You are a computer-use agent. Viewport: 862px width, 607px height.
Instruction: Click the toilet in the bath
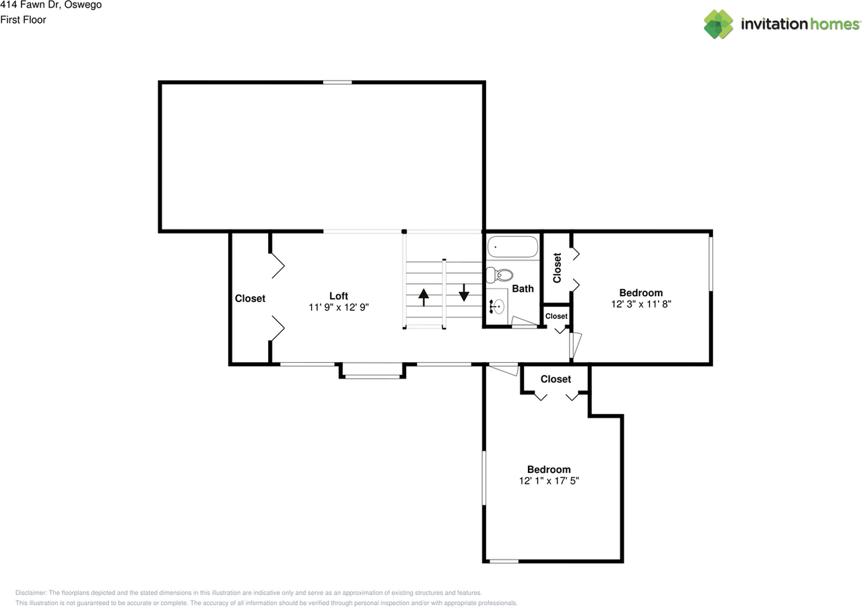(x=500, y=275)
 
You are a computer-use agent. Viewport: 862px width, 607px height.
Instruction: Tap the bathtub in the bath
(x=513, y=248)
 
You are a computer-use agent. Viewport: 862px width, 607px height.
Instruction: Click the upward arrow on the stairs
(x=424, y=297)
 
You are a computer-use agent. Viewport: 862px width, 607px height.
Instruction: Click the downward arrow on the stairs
(x=463, y=292)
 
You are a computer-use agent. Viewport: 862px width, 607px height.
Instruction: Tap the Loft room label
(x=339, y=296)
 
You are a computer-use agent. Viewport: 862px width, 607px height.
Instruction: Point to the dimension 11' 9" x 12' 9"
(x=339, y=307)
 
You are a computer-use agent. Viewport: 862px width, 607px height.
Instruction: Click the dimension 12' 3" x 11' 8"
(x=641, y=303)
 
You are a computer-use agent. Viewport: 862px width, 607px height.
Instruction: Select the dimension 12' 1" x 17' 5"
(x=549, y=480)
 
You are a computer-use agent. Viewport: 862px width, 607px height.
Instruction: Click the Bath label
(x=523, y=289)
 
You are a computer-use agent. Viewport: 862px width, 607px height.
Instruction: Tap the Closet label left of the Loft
(x=250, y=298)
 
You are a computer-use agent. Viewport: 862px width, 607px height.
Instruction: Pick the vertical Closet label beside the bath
(x=557, y=268)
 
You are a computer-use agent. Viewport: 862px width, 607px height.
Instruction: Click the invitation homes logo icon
(x=719, y=24)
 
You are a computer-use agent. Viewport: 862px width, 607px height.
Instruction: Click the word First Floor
(x=23, y=20)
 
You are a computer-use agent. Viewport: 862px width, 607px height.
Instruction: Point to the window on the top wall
(x=337, y=83)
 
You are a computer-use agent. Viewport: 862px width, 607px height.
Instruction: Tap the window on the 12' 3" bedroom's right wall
(x=710, y=262)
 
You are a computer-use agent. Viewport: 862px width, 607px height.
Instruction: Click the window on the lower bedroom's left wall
(x=484, y=478)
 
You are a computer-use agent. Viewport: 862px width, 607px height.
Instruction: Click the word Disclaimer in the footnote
(x=31, y=593)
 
